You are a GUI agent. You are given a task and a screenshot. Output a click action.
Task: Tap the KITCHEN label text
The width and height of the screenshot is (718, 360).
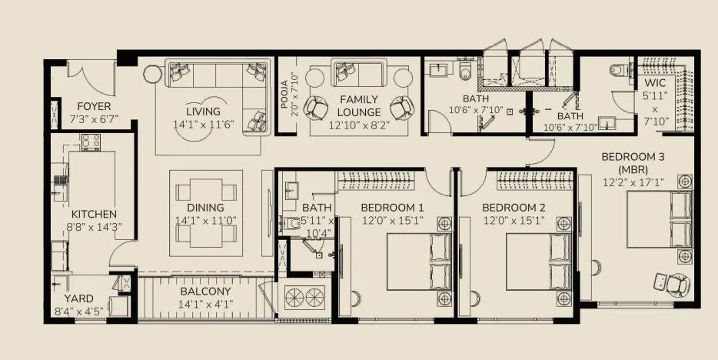pos(93,214)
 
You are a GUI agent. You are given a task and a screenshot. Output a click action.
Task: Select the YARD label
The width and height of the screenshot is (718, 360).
pos(78,298)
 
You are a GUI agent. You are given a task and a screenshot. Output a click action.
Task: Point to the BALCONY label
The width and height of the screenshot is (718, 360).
pos(205,292)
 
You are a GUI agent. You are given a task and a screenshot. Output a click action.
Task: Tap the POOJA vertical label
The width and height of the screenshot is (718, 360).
pos(285,94)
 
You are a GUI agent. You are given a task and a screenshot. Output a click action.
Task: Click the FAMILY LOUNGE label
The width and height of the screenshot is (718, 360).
pos(357,105)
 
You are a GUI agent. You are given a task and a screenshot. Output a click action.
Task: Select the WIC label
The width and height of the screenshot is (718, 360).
pos(655,82)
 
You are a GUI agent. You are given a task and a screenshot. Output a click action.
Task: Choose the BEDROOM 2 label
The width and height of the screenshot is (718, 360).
pos(514,208)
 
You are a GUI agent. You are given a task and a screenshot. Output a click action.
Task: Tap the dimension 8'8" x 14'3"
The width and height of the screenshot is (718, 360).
pos(93,227)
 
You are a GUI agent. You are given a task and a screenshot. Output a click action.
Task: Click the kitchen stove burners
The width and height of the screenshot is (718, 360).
pos(91,142)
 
